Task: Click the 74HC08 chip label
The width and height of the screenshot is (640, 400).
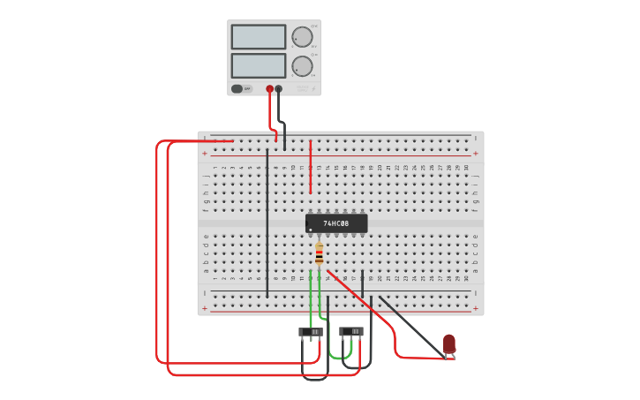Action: [x=336, y=224]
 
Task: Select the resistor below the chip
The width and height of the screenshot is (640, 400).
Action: [x=319, y=256]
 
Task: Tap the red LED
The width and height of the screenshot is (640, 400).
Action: [x=449, y=343]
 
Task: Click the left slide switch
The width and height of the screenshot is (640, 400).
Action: [x=311, y=332]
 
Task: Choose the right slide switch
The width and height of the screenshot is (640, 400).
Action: [x=351, y=332]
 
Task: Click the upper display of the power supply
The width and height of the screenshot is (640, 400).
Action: [x=259, y=37]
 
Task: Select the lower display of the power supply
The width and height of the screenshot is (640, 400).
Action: [x=259, y=66]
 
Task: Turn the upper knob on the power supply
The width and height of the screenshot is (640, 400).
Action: [x=302, y=37]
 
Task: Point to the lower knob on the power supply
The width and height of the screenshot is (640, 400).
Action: [x=302, y=66]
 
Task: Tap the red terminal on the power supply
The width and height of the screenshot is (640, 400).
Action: [x=270, y=89]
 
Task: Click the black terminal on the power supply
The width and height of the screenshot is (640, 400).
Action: [x=279, y=89]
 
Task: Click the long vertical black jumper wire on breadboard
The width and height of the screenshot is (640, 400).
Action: [x=267, y=221]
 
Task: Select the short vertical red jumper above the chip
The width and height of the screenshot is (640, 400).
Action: [x=310, y=168]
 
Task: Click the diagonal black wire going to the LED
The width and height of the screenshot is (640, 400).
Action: [x=410, y=327]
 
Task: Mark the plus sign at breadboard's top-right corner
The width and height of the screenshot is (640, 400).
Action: [x=477, y=154]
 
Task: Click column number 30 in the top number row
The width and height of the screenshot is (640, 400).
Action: [x=466, y=167]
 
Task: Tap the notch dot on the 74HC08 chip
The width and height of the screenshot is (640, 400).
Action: [x=311, y=230]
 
